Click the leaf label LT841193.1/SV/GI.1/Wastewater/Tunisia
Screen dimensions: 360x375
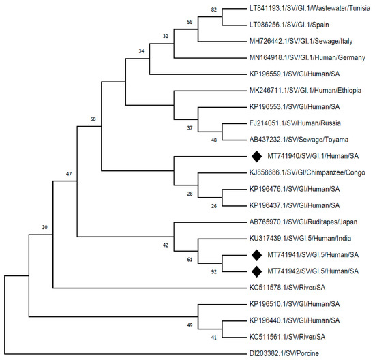pos(304,10)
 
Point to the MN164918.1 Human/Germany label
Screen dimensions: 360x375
pos(297,58)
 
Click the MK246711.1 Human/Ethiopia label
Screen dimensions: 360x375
pos(297,91)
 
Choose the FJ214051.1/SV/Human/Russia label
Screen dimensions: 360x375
pos(289,123)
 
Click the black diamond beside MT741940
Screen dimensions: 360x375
pos(256,156)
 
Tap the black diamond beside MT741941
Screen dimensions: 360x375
pos(256,254)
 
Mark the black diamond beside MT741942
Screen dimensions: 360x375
pos(256,271)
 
